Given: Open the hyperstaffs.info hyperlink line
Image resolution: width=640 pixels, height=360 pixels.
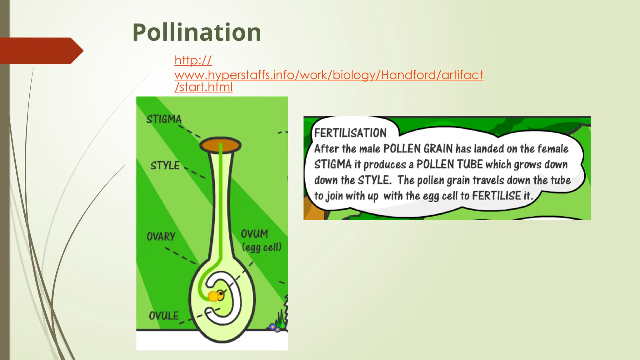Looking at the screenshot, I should pos(329,75).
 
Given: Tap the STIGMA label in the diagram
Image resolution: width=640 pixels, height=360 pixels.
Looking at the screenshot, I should pos(164,119).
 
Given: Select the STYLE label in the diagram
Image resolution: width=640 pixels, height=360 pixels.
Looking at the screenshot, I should pos(165,165).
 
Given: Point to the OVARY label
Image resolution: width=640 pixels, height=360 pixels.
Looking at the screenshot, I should pos(161,237).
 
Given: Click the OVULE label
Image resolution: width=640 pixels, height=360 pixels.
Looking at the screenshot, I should pos(164,316).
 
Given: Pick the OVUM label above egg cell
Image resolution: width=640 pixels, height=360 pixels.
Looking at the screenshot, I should pos(254,234).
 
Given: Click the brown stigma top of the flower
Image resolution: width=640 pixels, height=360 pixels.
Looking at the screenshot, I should pos(220,145).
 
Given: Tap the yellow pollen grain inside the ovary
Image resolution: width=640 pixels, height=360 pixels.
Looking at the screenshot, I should pos(213,296).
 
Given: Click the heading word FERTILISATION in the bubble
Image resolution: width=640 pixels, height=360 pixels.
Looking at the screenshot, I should pos(350,133).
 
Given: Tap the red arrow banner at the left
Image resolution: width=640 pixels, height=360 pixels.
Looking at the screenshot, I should pos(41,51).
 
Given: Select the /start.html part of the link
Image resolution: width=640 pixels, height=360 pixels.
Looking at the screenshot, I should pos(203,87).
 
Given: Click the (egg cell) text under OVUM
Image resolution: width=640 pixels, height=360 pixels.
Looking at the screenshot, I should pos(262,247).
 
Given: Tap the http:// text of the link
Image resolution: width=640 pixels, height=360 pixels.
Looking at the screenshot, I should pos(193,60).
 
